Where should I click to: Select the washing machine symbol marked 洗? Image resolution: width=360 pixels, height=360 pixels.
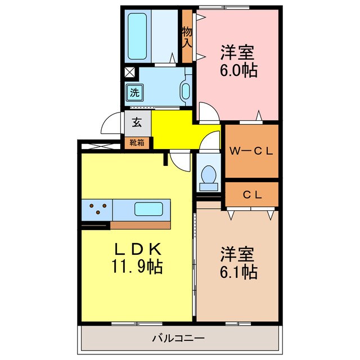[134, 91]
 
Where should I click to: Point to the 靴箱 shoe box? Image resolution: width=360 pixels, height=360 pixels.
[137, 142]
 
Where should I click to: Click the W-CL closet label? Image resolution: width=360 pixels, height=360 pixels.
[252, 150]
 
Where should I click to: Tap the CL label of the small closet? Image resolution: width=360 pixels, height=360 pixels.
[252, 195]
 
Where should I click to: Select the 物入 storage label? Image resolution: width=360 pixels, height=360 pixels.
[187, 37]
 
